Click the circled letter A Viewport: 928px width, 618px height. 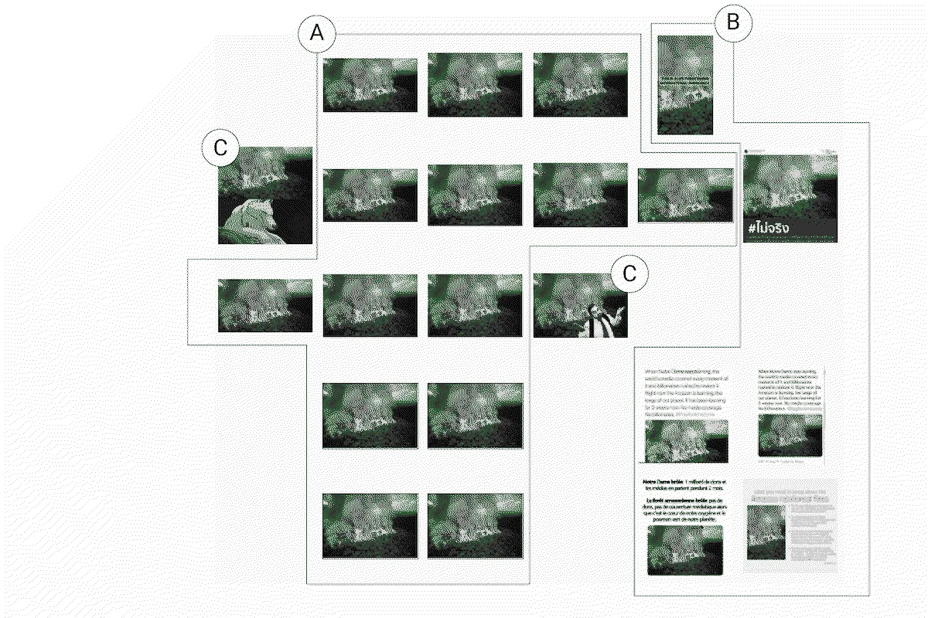click(316, 34)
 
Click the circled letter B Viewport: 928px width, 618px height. click(732, 24)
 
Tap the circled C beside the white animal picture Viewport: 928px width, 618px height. click(220, 149)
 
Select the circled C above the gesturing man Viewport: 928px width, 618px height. click(629, 273)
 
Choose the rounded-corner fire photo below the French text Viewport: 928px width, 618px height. click(685, 550)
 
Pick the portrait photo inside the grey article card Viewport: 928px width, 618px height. click(766, 532)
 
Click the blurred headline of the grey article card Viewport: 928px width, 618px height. click(790, 494)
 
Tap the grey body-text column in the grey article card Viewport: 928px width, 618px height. click(812, 533)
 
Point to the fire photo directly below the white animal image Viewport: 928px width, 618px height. click(265, 306)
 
